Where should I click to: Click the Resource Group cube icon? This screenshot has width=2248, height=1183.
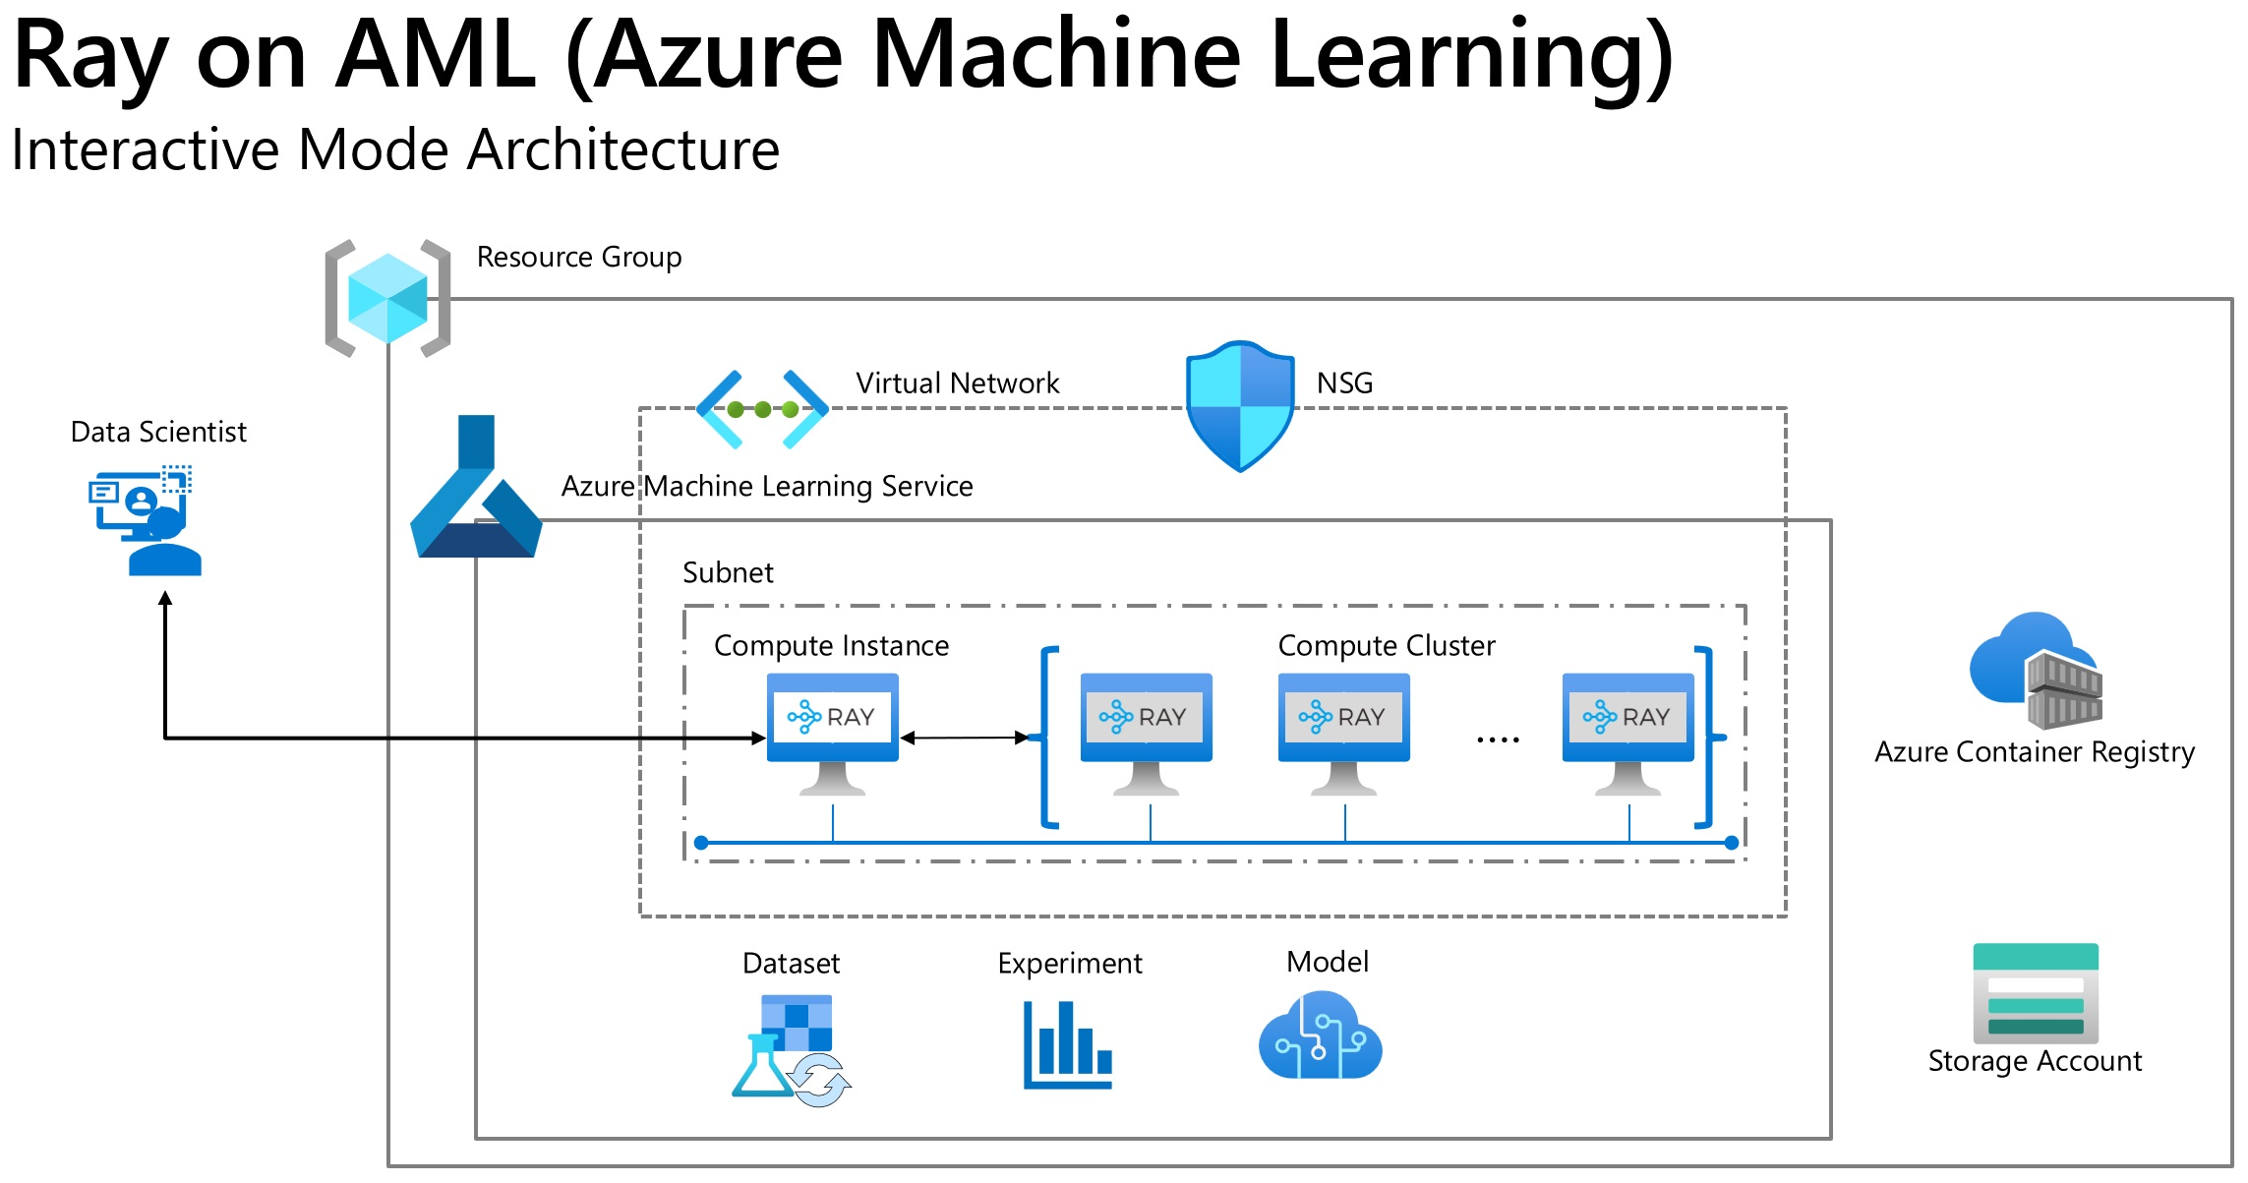pyautogui.click(x=387, y=298)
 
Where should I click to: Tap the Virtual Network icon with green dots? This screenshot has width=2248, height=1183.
pyautogui.click(x=762, y=409)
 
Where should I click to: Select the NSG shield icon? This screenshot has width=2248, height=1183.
pyautogui.click(x=1240, y=406)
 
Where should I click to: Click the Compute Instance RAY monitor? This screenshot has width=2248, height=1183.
pyautogui.click(x=832, y=733)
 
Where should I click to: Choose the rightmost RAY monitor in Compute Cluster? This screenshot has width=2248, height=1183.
pyautogui.click(x=1627, y=733)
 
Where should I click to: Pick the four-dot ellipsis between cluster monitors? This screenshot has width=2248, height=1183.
pyautogui.click(x=1498, y=739)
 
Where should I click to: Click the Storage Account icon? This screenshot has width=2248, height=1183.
pyautogui.click(x=2036, y=993)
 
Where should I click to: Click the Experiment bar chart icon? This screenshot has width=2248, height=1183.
pyautogui.click(x=1068, y=1044)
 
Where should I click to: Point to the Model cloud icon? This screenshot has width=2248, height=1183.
pyautogui.click(x=1320, y=1036)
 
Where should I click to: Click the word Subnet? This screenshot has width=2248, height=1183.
pyautogui.click(x=728, y=572)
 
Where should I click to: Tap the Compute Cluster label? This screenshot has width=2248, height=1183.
pyautogui.click(x=1386, y=645)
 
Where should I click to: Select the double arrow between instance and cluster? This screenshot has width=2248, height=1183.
pyautogui.click(x=965, y=738)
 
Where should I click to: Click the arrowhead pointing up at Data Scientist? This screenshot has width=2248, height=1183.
pyautogui.click(x=165, y=598)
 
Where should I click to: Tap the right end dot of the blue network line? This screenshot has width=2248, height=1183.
pyautogui.click(x=1732, y=843)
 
